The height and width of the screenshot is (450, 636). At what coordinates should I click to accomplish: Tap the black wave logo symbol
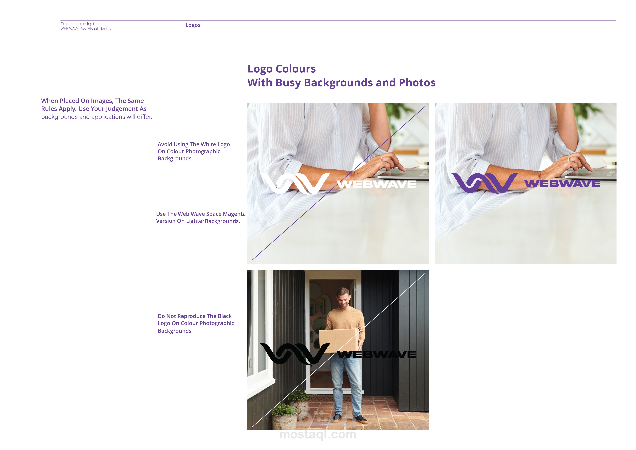click(x=295, y=354)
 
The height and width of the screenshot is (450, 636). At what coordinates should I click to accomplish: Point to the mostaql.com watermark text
click(x=318, y=434)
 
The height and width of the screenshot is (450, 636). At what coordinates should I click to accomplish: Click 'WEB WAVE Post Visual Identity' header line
click(x=86, y=28)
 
